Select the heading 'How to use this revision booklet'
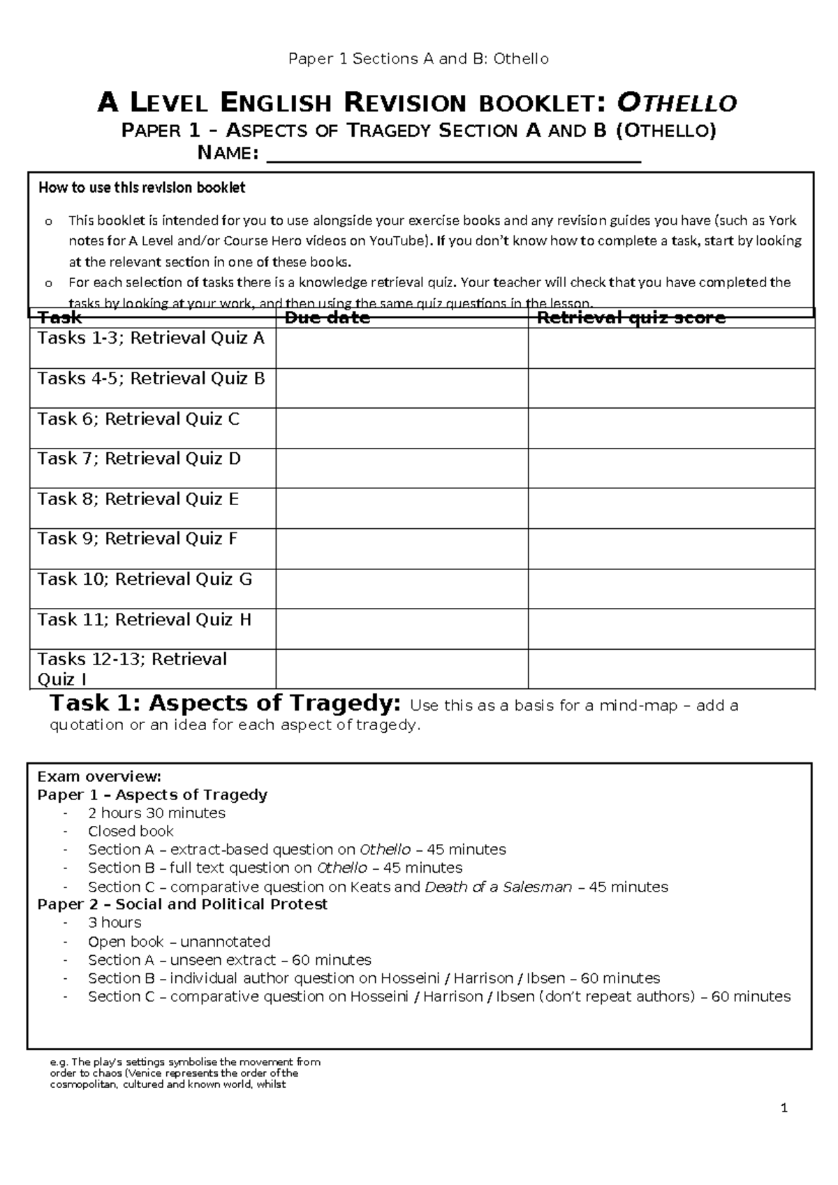pyautogui.click(x=142, y=188)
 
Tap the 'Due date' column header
pyautogui.click(x=328, y=319)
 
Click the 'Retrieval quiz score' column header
pyautogui.click(x=631, y=319)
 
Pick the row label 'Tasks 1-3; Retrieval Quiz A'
pyautogui.click(x=151, y=339)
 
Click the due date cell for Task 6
pyautogui.click(x=402, y=428)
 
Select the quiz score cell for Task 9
pyautogui.click(x=671, y=548)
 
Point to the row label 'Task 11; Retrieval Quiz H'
pyautogui.click(x=144, y=620)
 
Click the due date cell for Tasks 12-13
pyautogui.click(x=402, y=669)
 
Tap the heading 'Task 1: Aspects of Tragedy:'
pyautogui.click(x=226, y=703)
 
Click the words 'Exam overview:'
pyautogui.click(x=99, y=776)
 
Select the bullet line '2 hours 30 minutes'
pyautogui.click(x=156, y=813)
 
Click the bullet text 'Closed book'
pyautogui.click(x=131, y=831)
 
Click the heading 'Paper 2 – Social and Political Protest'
pyautogui.click(x=182, y=905)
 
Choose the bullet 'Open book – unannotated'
pyautogui.click(x=179, y=942)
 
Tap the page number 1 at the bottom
pyautogui.click(x=784, y=1108)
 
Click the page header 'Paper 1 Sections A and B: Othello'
pyautogui.click(x=419, y=59)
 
